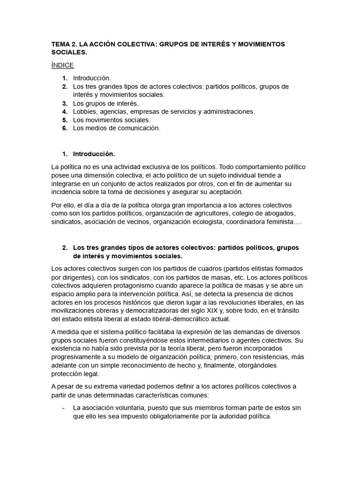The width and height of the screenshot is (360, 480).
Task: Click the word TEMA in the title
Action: (60, 44)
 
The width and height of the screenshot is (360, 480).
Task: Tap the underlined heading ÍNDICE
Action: (62, 65)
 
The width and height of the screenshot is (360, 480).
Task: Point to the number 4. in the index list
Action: (65, 112)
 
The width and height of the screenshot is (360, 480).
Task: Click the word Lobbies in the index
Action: (84, 112)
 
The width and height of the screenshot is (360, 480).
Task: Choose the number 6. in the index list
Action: (65, 128)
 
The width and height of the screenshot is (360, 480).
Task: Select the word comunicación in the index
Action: (140, 128)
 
